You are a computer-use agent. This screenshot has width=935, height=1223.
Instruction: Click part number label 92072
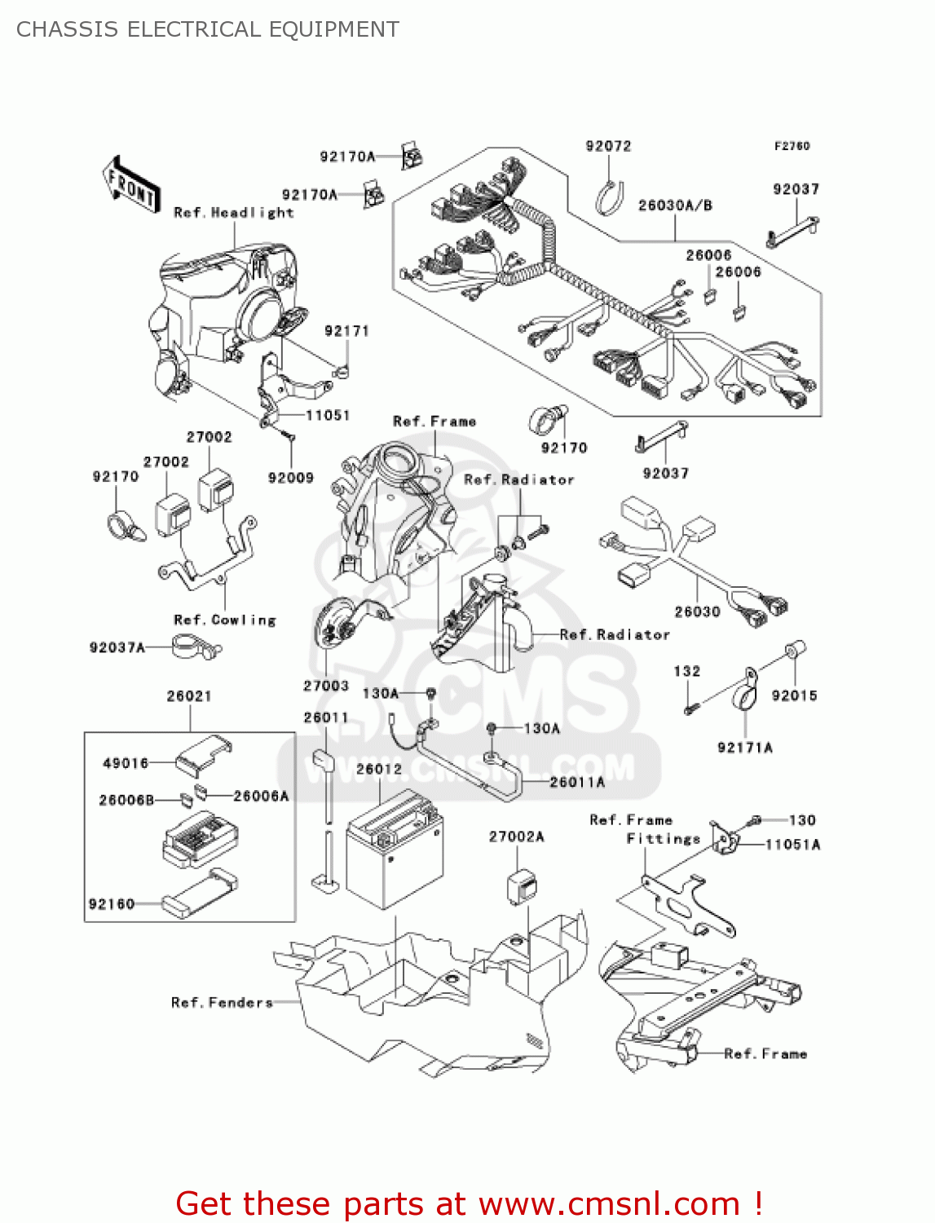click(608, 146)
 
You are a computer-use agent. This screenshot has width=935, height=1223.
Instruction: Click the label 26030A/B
click(675, 205)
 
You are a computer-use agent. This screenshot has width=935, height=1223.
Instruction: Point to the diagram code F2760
click(792, 146)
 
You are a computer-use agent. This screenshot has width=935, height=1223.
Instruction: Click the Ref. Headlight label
click(233, 213)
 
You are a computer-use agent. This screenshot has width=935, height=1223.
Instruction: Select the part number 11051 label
click(328, 415)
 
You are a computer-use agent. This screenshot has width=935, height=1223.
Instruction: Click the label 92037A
click(117, 647)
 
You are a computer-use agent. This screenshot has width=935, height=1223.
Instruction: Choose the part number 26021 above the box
click(189, 695)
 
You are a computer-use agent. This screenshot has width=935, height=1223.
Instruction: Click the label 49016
click(126, 763)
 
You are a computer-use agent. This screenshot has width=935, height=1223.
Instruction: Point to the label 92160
click(112, 903)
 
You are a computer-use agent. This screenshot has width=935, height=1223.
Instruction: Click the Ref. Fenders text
click(222, 1003)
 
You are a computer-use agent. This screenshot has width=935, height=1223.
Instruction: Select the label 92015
click(794, 695)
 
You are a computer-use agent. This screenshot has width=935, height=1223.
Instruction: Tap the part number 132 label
click(686, 671)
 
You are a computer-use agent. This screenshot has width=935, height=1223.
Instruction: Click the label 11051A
click(792, 845)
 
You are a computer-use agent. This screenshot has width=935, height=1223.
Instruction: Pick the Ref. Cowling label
click(225, 620)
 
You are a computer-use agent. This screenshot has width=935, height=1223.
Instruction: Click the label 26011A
click(577, 782)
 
